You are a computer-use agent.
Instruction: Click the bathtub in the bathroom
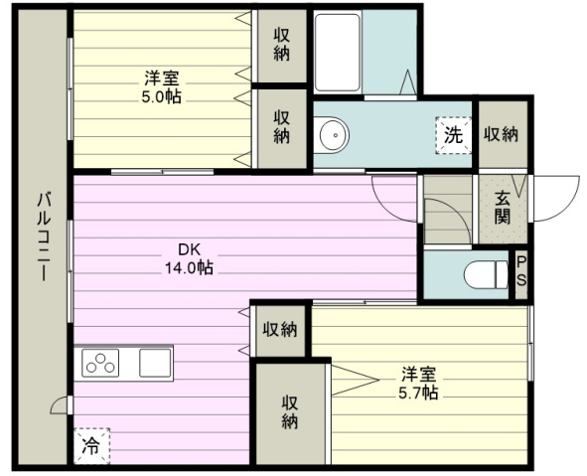click(337, 53)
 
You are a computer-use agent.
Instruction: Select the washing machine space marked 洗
click(453, 135)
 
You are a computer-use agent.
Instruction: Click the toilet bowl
click(486, 275)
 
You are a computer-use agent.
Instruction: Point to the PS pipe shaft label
click(521, 271)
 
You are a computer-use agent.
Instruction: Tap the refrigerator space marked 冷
click(91, 445)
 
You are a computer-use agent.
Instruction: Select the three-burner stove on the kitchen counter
click(100, 364)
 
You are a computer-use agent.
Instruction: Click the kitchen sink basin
click(155, 363)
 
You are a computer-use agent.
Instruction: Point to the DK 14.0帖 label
click(190, 258)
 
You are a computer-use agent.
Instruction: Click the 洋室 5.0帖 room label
click(161, 87)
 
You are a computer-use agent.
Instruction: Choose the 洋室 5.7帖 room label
click(418, 383)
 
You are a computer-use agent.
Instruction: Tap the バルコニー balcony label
click(44, 237)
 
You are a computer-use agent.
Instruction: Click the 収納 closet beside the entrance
click(502, 134)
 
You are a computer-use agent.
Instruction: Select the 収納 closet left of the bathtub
click(282, 46)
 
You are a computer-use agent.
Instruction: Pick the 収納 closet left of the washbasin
click(282, 128)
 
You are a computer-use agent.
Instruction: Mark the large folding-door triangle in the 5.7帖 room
click(355, 381)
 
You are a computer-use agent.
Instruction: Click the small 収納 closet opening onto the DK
click(280, 330)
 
